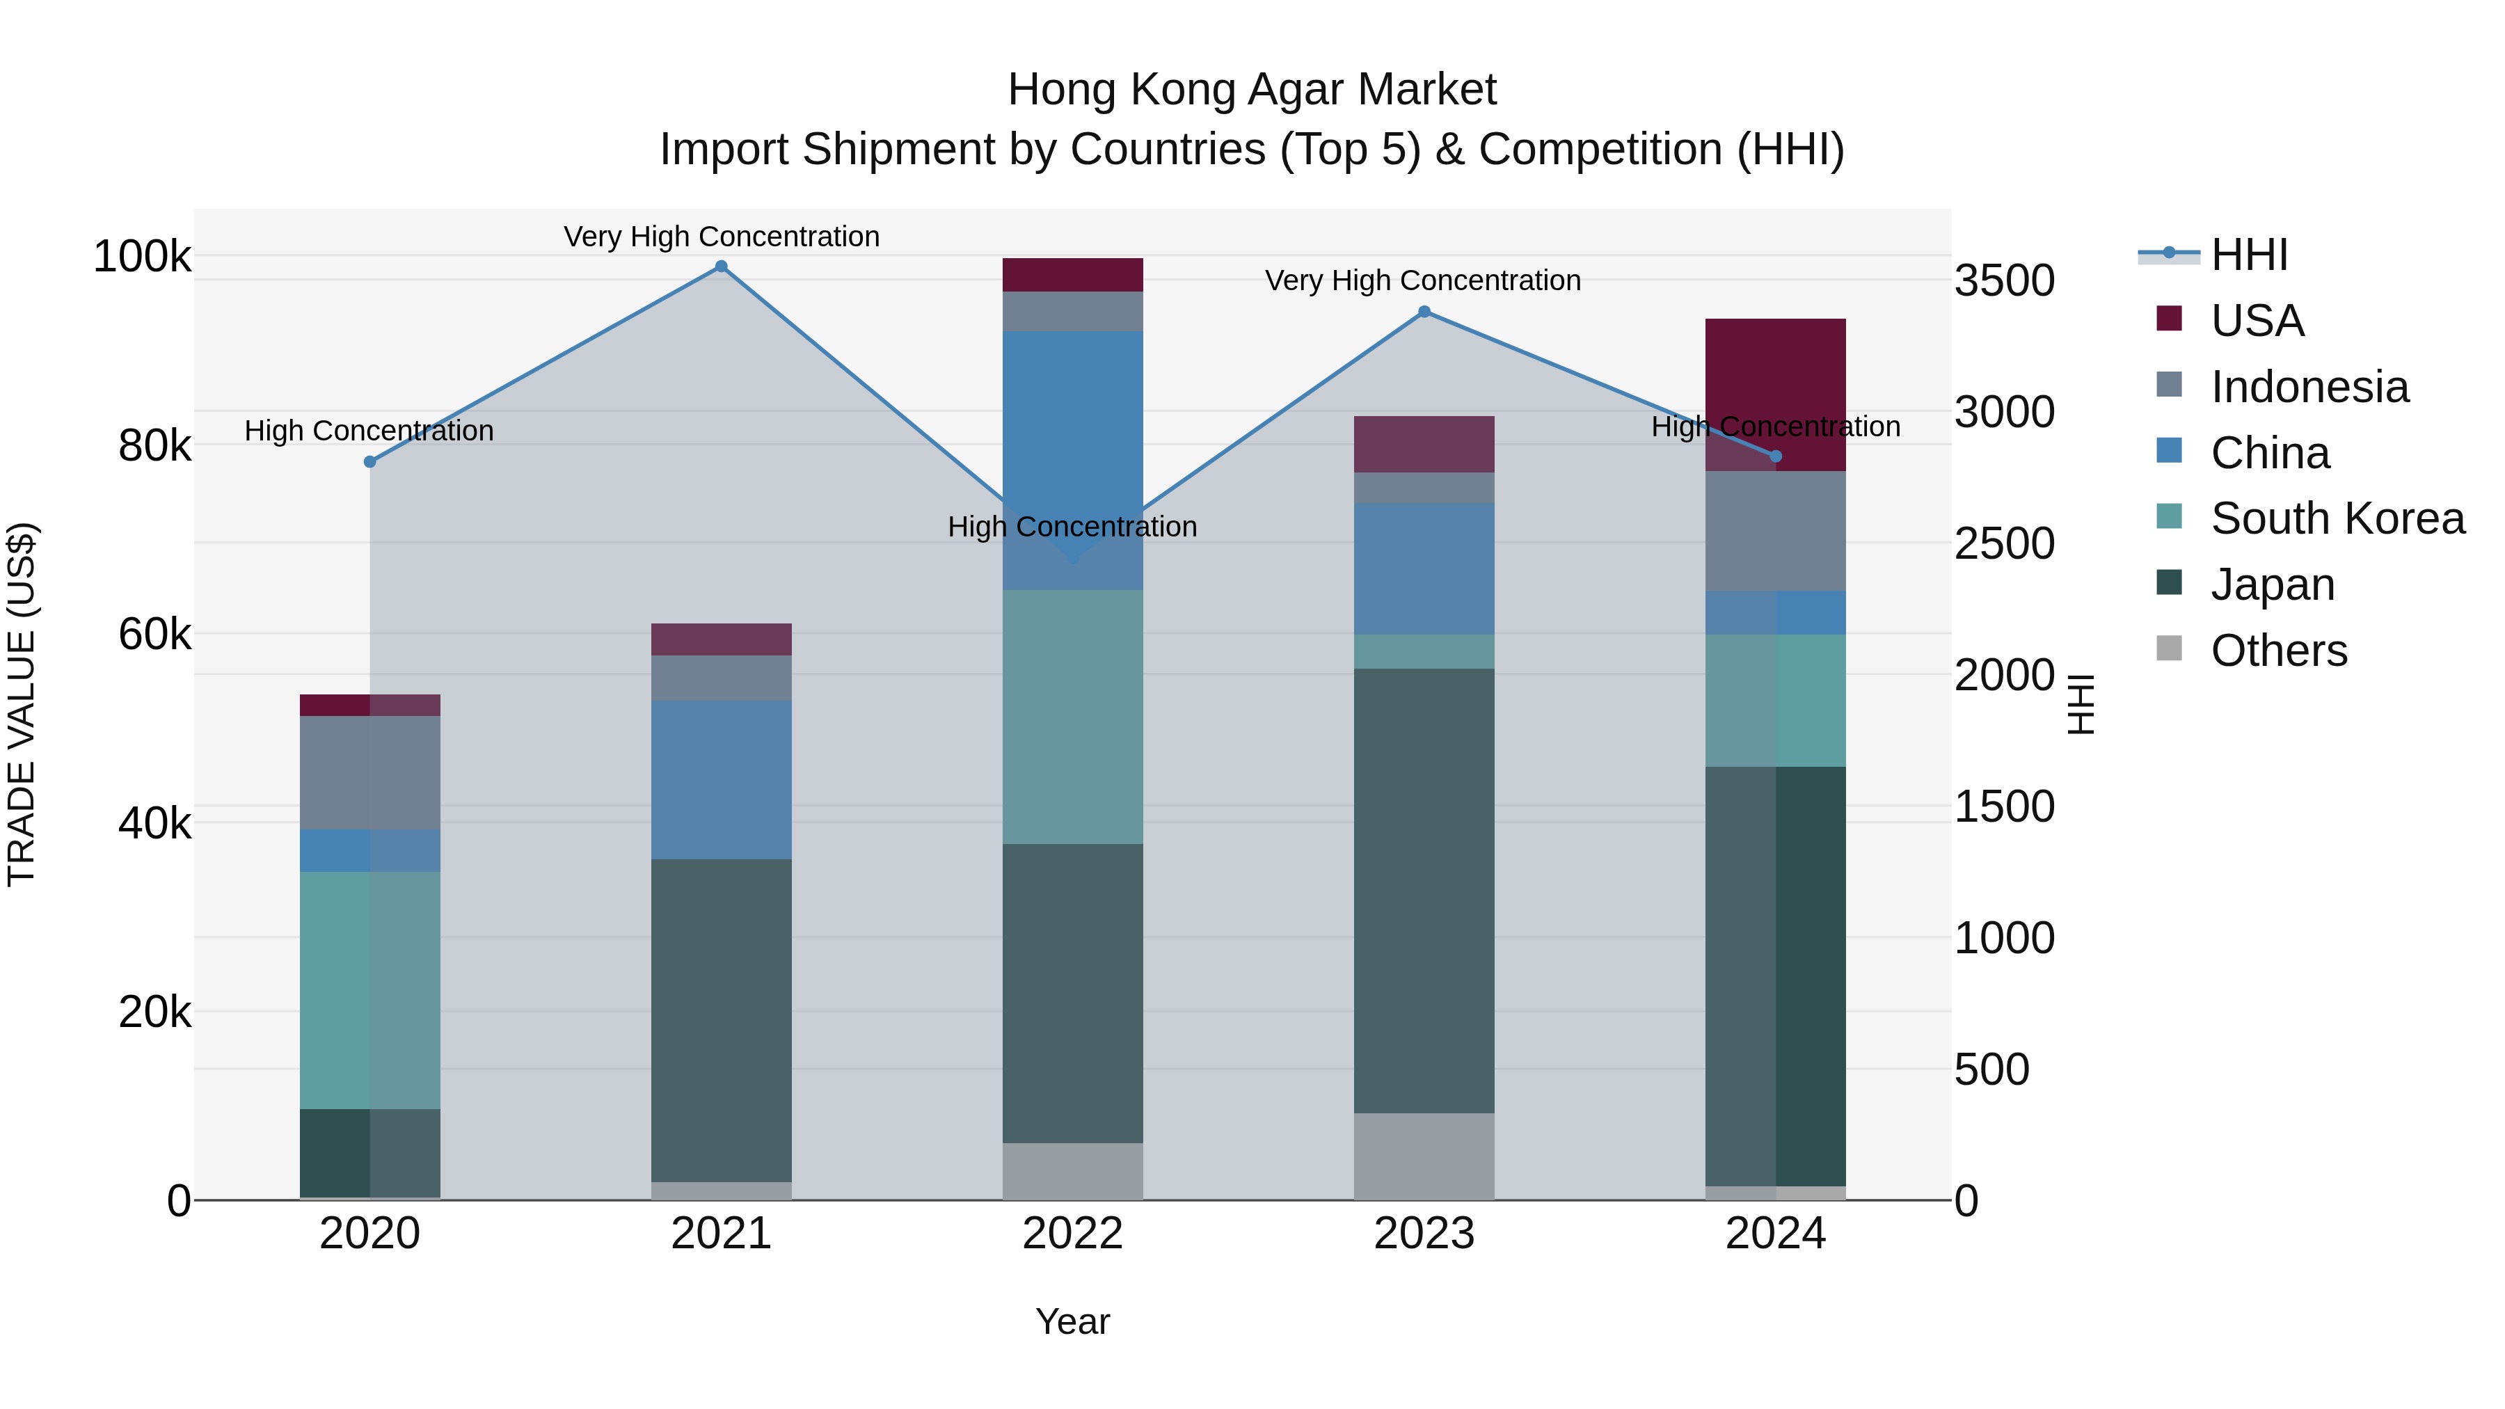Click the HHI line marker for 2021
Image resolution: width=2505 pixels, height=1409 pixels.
tap(721, 266)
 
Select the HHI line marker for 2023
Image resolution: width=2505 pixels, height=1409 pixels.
tap(1424, 312)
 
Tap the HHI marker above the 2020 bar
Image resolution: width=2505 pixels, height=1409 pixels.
tap(369, 462)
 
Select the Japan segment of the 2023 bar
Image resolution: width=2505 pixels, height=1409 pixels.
tap(1424, 890)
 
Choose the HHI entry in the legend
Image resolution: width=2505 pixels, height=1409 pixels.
tap(2248, 255)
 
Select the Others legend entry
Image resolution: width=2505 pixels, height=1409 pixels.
tap(2277, 651)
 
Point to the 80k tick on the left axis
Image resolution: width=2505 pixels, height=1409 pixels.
tap(154, 446)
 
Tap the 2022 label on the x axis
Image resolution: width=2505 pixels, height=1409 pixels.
tap(1072, 1234)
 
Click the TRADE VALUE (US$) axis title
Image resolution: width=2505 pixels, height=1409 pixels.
tap(22, 704)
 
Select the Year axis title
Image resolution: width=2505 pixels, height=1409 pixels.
tap(1072, 1321)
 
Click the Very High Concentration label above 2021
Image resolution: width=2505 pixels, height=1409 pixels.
tap(721, 237)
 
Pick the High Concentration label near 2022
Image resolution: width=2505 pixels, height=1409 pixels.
tap(1072, 526)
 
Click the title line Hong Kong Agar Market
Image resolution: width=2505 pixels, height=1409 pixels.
tap(1252, 90)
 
